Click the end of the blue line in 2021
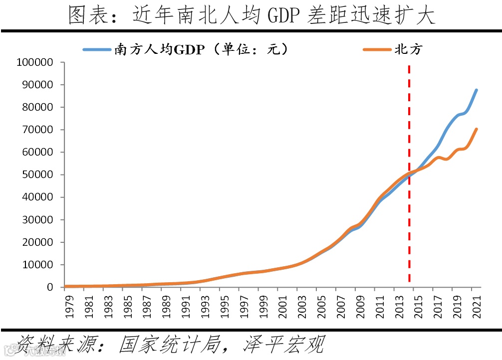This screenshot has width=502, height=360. click(x=477, y=90)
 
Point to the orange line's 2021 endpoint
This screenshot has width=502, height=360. click(x=477, y=129)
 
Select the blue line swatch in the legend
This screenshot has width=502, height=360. click(x=98, y=49)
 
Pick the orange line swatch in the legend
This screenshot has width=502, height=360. click(x=377, y=49)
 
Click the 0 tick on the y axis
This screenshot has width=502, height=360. click(x=55, y=287)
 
